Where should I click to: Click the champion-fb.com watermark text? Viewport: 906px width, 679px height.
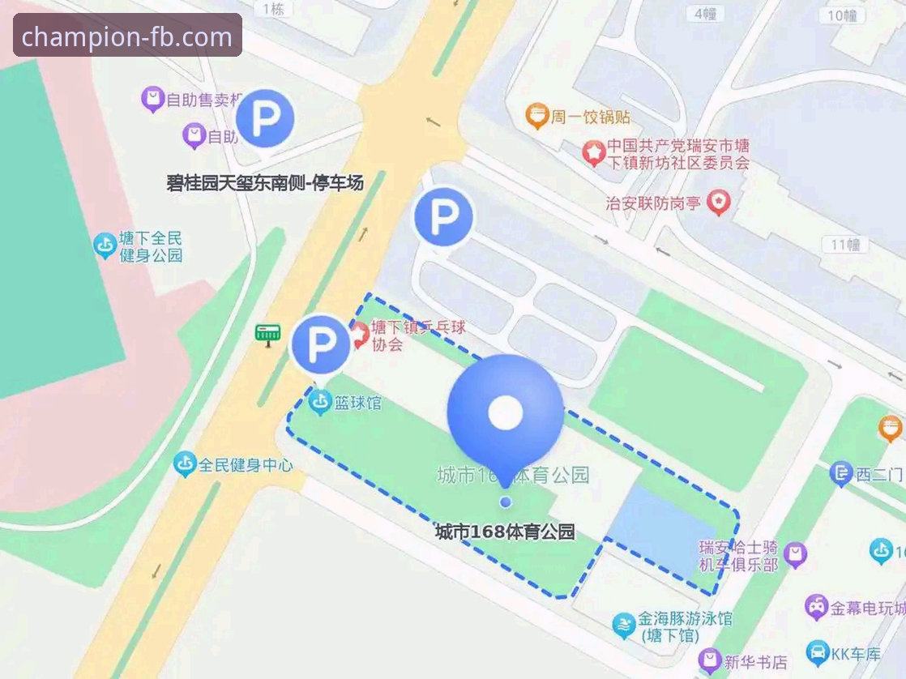pyautogui.click(x=127, y=36)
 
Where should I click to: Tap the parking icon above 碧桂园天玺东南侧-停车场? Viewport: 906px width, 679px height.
pyautogui.click(x=264, y=119)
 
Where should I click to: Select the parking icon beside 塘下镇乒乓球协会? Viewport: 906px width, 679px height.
pyautogui.click(x=320, y=344)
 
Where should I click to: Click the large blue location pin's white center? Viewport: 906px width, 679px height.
pyautogui.click(x=505, y=413)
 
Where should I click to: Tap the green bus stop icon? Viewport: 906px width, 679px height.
pyautogui.click(x=267, y=333)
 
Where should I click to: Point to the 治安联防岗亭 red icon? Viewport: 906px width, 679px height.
pyautogui.click(x=718, y=202)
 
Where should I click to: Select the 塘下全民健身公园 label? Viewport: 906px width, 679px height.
pyautogui.click(x=151, y=246)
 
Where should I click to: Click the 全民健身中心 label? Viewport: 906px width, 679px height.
pyautogui.click(x=245, y=465)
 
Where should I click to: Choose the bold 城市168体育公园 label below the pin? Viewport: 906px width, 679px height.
pyautogui.click(x=505, y=532)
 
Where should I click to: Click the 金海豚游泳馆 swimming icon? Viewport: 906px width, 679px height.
pyautogui.click(x=624, y=625)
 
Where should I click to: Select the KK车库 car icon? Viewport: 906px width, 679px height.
pyautogui.click(x=818, y=652)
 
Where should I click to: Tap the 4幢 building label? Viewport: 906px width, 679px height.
pyautogui.click(x=705, y=13)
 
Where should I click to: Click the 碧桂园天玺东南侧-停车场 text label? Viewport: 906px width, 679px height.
pyautogui.click(x=264, y=184)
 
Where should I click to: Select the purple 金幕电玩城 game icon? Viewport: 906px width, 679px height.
pyautogui.click(x=816, y=606)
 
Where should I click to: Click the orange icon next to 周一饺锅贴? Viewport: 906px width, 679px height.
pyautogui.click(x=536, y=117)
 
